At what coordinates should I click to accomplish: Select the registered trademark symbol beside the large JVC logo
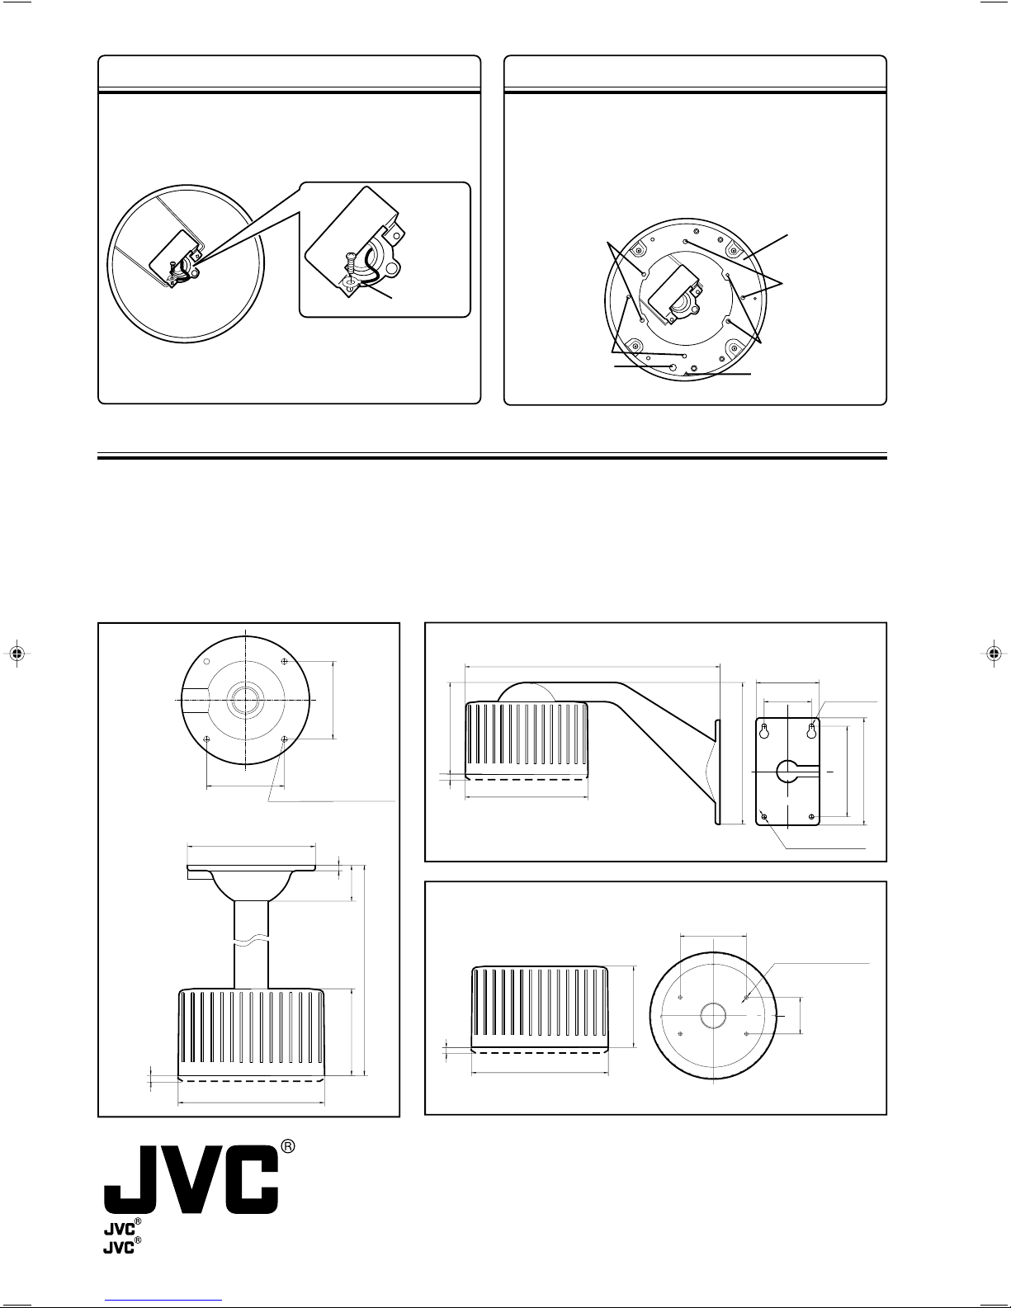pyautogui.click(x=288, y=1147)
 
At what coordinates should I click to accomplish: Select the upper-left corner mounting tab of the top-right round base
pyautogui.click(x=636, y=249)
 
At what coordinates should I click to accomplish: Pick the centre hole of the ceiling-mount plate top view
pyautogui.click(x=245, y=700)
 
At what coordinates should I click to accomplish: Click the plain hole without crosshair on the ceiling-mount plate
pyautogui.click(x=206, y=662)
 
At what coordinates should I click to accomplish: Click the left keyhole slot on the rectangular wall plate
pyautogui.click(x=764, y=730)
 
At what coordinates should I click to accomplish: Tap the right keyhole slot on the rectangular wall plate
pyautogui.click(x=811, y=730)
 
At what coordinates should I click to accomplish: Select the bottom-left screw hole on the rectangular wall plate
pyautogui.click(x=764, y=817)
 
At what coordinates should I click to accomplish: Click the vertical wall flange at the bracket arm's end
pyautogui.click(x=717, y=772)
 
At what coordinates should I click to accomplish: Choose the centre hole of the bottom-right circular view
pyautogui.click(x=713, y=1016)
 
